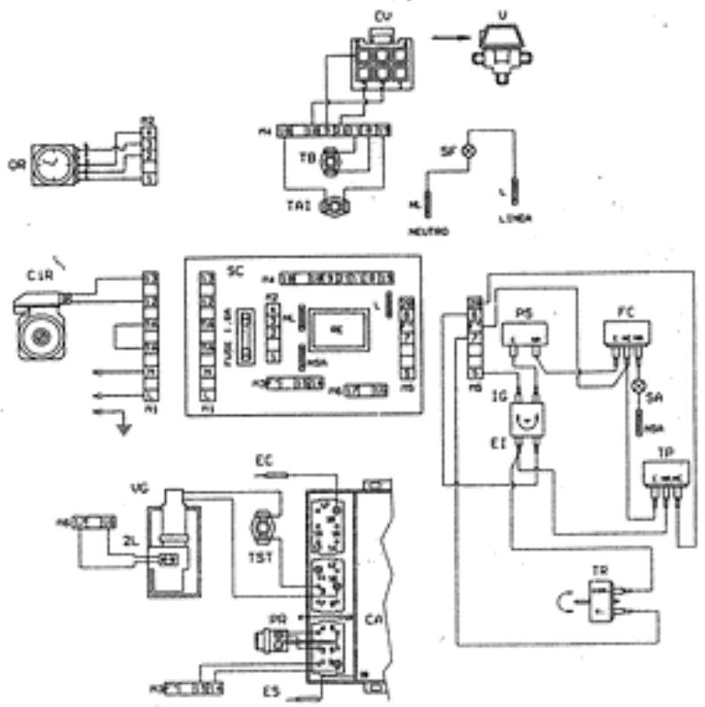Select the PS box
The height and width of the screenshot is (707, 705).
(526, 333)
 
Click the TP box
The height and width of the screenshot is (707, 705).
(668, 477)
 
